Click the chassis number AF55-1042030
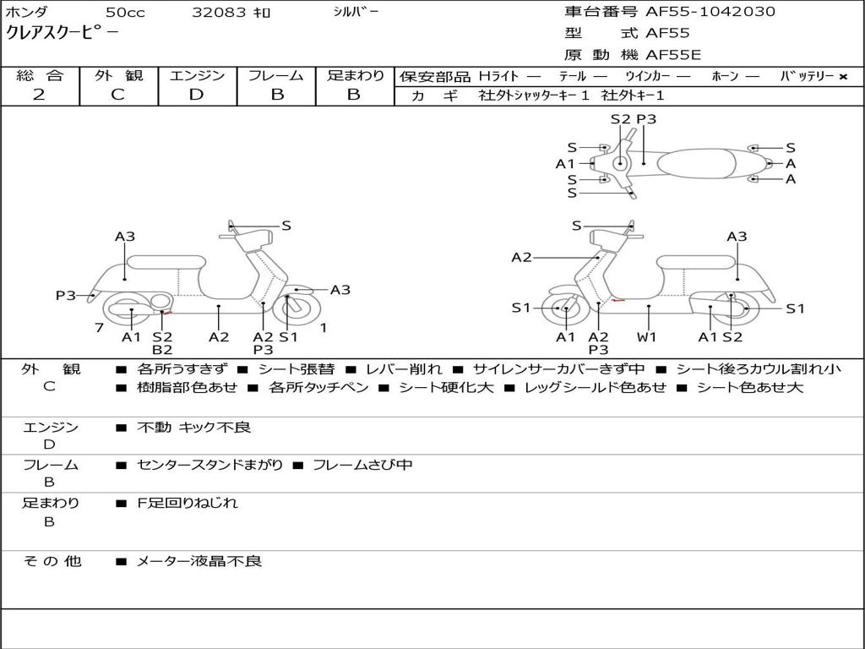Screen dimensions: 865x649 pos(710,12)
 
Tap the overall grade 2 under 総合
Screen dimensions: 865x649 pos(39,95)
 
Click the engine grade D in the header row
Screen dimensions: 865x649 pos(196,95)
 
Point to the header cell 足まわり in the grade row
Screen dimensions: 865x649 pos(355,75)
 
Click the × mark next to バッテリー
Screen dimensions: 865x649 pos(842,77)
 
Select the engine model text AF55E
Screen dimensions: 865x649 pos(673,55)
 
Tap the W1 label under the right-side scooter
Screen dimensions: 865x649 pos(646,336)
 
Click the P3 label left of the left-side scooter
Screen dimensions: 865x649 pos(65,295)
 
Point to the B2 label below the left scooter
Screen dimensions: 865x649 pos(162,349)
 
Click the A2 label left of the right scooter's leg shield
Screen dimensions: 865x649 pos(521,257)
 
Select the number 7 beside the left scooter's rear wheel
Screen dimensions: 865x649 pos(100,328)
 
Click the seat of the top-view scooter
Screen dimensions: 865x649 pos(696,164)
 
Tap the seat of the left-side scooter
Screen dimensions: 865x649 pos(166,262)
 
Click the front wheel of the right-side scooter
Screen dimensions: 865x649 pos(562,308)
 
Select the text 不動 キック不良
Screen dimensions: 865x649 pos(193,427)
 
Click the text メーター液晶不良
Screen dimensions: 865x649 pos(199,561)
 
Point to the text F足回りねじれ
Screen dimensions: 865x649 pos(188,503)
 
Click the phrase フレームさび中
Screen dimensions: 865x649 pos(362,466)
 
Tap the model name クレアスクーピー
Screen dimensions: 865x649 pos(62,33)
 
